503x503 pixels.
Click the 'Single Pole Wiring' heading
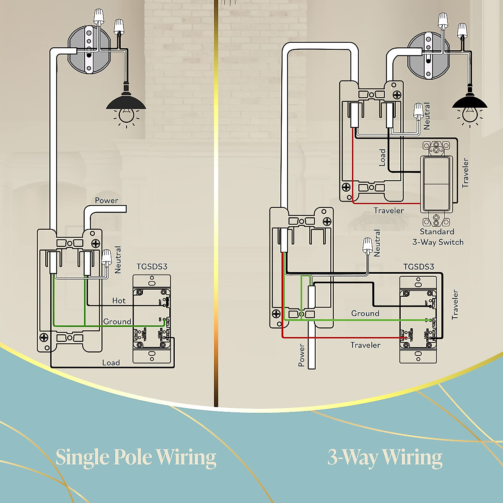point(136,457)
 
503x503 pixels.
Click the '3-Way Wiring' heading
point(385,457)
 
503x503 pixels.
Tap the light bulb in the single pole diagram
point(126,114)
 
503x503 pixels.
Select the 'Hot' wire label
point(119,301)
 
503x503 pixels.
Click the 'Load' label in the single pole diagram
point(111,363)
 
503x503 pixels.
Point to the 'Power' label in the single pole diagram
point(106,200)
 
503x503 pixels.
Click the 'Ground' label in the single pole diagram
point(117,322)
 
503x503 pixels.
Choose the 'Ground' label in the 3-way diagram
point(365,313)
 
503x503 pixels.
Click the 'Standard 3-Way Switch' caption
point(438,237)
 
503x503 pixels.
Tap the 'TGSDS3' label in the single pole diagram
point(152,267)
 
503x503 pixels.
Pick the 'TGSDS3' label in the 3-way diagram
point(418,267)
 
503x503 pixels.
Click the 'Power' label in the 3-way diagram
point(301,355)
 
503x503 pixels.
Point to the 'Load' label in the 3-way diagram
point(382,158)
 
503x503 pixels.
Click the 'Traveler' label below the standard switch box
point(389,210)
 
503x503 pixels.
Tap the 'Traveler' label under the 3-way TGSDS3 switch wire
point(365,345)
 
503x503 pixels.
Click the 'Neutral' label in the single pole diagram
point(118,260)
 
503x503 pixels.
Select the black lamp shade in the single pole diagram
point(126,102)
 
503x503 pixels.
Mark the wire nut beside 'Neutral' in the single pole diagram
point(106,256)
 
